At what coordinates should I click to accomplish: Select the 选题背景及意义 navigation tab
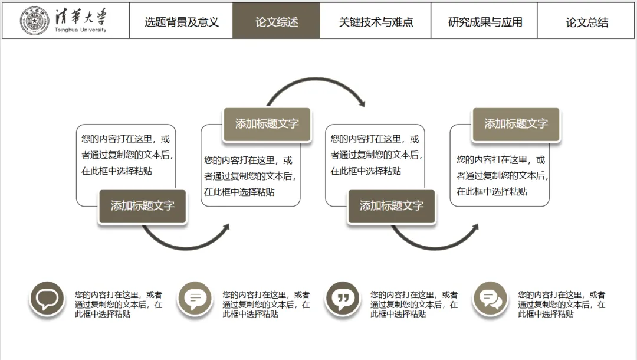pos(181,22)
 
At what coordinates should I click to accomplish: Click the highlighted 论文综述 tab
pos(277,22)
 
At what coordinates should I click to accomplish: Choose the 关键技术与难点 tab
pos(376,22)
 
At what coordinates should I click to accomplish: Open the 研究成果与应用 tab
pos(485,22)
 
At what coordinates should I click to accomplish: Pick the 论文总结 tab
pos(587,22)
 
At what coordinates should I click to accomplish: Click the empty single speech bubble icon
pos(47,299)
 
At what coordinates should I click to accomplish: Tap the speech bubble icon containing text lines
pos(195,299)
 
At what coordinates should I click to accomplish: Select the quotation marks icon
pos(343,299)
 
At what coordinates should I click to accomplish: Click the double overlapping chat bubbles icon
pos(490,299)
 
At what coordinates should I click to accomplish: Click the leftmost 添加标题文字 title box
pos(143,206)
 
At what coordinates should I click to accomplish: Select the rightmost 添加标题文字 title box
pos(516,124)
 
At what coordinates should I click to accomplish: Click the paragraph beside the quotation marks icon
pos(413,305)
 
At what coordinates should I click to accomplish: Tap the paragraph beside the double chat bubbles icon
pos(562,305)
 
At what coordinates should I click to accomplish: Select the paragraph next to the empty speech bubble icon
pos(118,305)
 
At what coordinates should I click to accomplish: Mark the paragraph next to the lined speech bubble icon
pos(266,305)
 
